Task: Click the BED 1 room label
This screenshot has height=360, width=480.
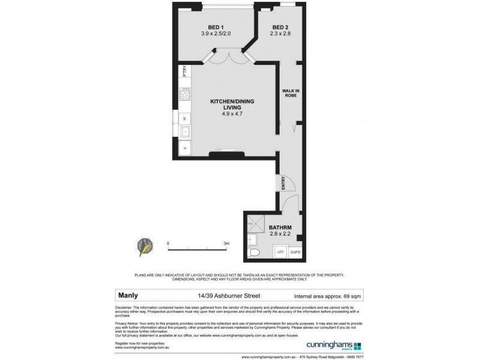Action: point(216,28)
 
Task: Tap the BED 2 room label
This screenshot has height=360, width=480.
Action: point(280,28)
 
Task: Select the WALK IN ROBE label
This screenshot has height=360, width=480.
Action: point(290,94)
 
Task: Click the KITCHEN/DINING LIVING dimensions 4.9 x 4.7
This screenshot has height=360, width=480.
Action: point(226,114)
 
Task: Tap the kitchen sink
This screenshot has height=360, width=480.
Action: point(185,131)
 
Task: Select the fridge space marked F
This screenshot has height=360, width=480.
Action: point(185,148)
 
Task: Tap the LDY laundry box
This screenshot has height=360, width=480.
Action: point(280,252)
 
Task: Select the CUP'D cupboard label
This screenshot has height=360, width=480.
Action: point(296,252)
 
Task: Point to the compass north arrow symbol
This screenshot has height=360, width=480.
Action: point(145,247)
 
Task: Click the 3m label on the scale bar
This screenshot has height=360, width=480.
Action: point(226,244)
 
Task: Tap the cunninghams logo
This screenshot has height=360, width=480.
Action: point(330,346)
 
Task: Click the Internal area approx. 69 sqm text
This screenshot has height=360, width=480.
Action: point(328,296)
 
